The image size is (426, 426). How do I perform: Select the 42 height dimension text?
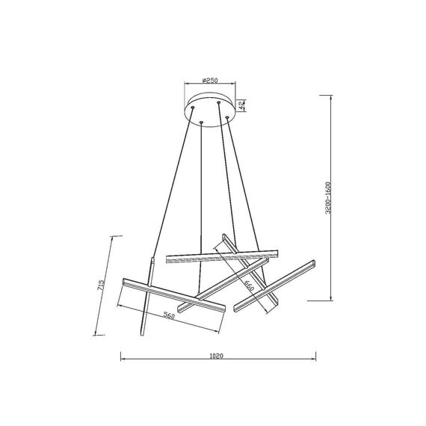point(243,106)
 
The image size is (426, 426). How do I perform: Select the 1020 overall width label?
point(217,359)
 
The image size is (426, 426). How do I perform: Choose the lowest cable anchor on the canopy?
point(203,123)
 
